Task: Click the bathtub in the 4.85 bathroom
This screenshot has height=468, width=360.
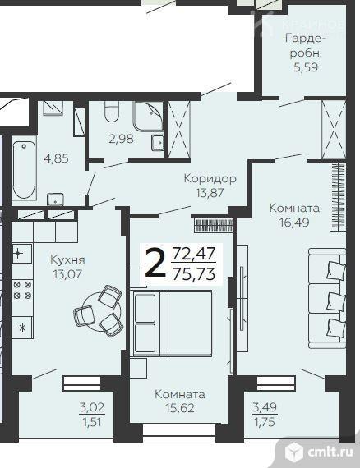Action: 24,170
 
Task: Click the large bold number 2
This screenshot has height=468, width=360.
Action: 154,264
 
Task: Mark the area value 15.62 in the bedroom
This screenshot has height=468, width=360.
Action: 180,408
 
